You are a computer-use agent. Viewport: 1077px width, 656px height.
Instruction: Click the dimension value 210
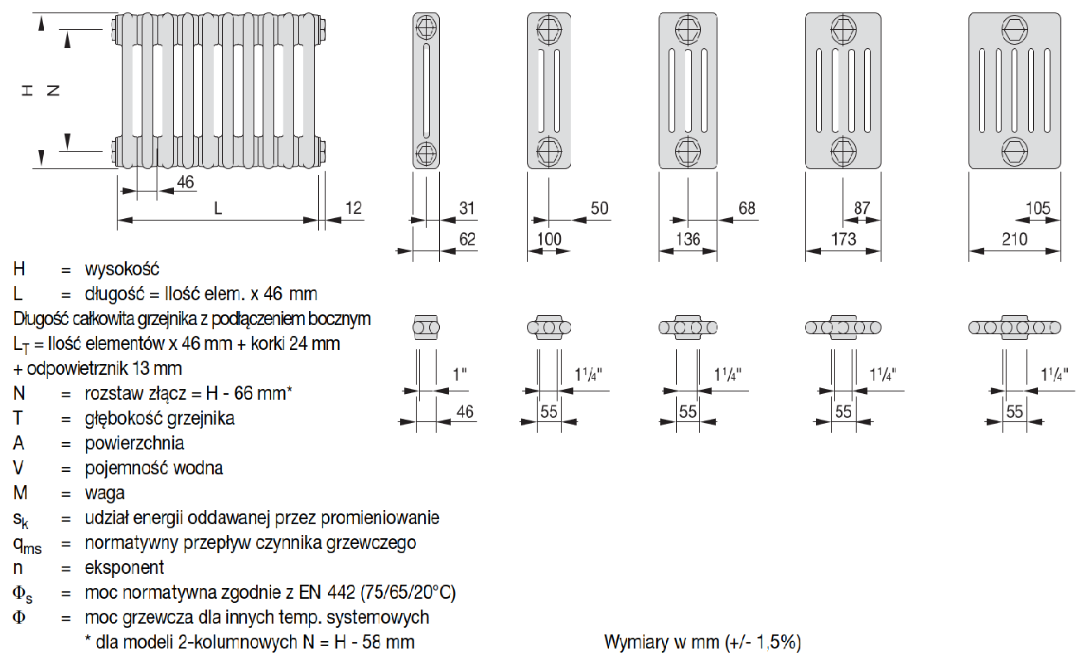point(1013,240)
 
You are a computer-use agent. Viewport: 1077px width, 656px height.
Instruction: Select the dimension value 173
point(843,240)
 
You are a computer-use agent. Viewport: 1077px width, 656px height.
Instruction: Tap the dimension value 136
point(688,240)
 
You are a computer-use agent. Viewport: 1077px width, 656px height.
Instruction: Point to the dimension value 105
point(1037,207)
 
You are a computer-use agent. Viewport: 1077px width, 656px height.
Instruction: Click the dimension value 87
point(862,207)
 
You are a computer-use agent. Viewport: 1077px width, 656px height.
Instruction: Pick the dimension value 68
point(747,207)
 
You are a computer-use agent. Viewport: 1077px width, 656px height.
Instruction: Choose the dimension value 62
point(467,240)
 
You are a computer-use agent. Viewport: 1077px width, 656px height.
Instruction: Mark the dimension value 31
point(467,207)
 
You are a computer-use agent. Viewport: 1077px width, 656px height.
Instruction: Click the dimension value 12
point(354,207)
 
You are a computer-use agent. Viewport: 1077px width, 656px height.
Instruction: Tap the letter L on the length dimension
point(218,208)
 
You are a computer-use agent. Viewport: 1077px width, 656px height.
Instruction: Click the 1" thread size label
point(460,376)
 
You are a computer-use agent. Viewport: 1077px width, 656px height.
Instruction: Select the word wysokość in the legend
point(122,270)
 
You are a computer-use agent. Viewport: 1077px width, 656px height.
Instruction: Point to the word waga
point(105,493)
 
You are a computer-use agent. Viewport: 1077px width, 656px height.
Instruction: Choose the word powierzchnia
point(134,444)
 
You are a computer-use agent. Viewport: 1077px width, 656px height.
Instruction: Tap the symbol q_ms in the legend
point(27,544)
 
